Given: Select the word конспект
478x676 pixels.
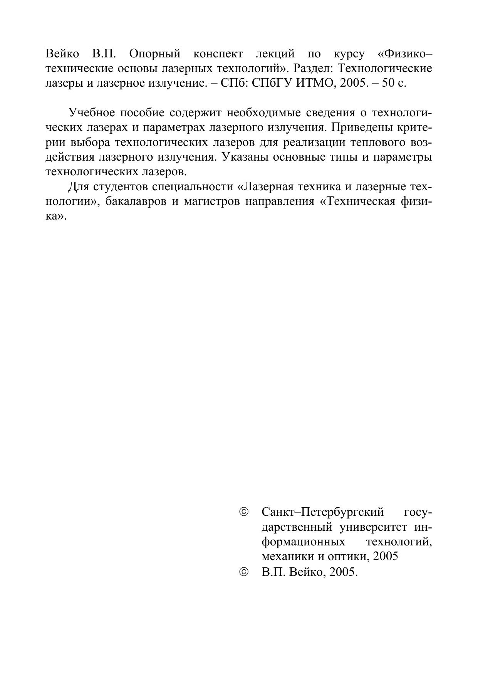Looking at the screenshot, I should click(218, 54).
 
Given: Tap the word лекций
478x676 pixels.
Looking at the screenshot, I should click(275, 54).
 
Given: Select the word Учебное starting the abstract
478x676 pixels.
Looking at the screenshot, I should click(92, 113).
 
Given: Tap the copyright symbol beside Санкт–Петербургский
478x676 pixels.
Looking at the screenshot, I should click(244, 512).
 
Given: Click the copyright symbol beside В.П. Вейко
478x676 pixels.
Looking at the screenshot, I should click(244, 572).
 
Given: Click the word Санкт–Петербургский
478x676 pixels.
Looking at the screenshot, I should click(322, 512).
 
